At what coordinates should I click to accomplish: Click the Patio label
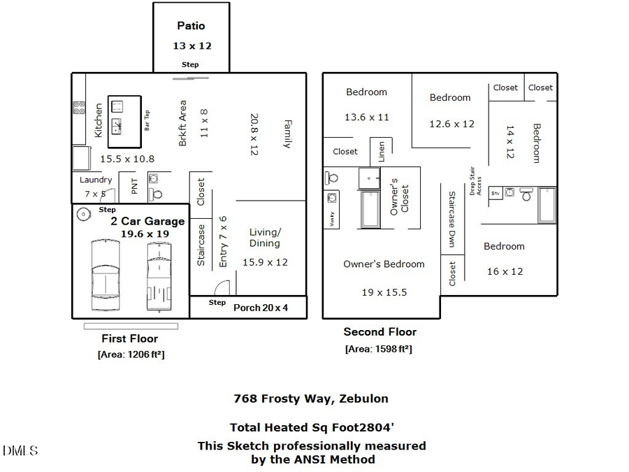tap(191, 26)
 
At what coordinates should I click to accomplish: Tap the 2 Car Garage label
tap(147, 221)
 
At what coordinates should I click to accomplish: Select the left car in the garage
tap(105, 275)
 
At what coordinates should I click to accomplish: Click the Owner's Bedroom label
tap(384, 264)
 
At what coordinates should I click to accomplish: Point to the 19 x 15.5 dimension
tap(384, 292)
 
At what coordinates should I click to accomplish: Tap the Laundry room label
tap(96, 180)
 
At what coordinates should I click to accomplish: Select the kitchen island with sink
tap(117, 117)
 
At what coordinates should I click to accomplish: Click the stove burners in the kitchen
tap(79, 108)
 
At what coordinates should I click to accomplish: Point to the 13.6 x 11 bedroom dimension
tap(366, 117)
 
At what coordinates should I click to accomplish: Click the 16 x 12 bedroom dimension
tap(505, 271)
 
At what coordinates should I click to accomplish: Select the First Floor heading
tap(129, 338)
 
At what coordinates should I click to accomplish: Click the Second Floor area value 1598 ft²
tap(378, 348)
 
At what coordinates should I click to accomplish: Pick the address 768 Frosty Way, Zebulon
tap(310, 399)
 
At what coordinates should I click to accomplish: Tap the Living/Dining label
tap(265, 238)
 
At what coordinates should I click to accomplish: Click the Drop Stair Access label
tap(477, 181)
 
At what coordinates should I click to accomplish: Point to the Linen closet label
tap(382, 152)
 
